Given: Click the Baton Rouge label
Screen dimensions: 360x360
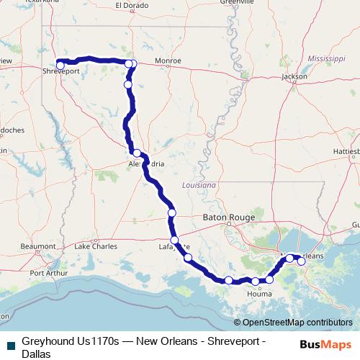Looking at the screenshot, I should [x=229, y=215].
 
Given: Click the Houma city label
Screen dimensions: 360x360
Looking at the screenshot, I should [x=259, y=294].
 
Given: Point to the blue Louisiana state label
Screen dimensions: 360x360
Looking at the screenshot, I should [x=199, y=185].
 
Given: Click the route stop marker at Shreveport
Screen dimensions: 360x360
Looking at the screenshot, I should [x=60, y=66].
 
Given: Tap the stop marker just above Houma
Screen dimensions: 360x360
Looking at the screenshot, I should [x=256, y=281].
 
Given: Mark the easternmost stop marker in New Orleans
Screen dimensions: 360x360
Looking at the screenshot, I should [x=302, y=261].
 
